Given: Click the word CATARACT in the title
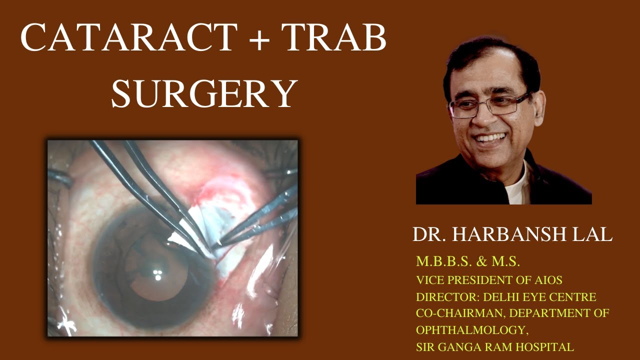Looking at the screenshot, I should pos(129,38).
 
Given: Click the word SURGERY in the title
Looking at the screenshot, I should pos(204,94).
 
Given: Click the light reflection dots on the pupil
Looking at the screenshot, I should pos(157,274).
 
